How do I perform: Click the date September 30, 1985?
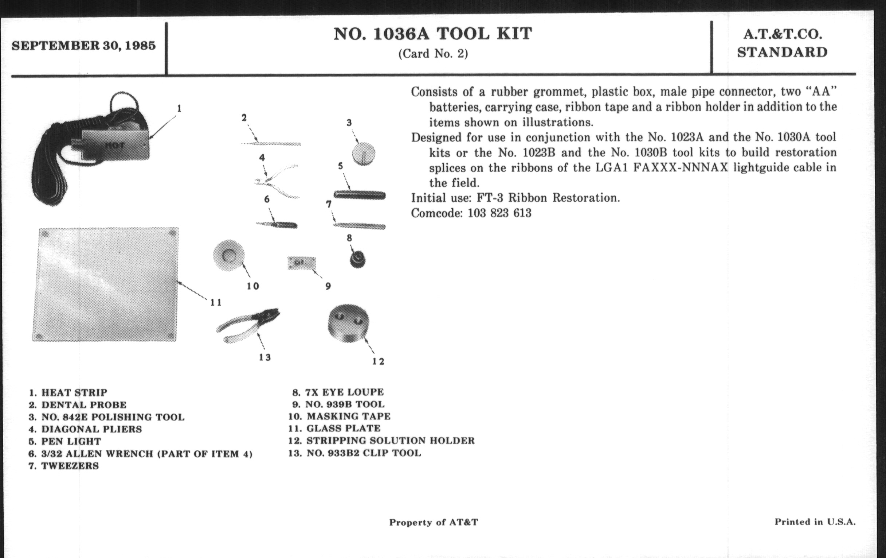click(x=83, y=46)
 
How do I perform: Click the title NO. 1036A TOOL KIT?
click(x=433, y=34)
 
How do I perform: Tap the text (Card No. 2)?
click(x=433, y=54)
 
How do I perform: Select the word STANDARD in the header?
click(x=782, y=52)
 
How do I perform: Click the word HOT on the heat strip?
click(x=114, y=145)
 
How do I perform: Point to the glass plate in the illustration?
click(x=105, y=284)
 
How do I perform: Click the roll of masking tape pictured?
click(x=228, y=256)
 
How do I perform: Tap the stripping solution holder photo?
click(x=348, y=323)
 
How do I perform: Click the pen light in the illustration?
click(x=360, y=195)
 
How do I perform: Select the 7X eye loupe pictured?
click(x=357, y=259)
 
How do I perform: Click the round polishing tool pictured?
click(x=364, y=154)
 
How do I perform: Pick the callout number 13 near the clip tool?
click(x=264, y=357)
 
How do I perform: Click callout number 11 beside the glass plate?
click(x=216, y=302)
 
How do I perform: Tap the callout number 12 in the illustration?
click(x=378, y=361)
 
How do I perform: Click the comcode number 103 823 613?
click(x=499, y=213)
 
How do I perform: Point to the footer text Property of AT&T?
click(x=434, y=522)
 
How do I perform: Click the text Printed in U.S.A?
click(x=815, y=522)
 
